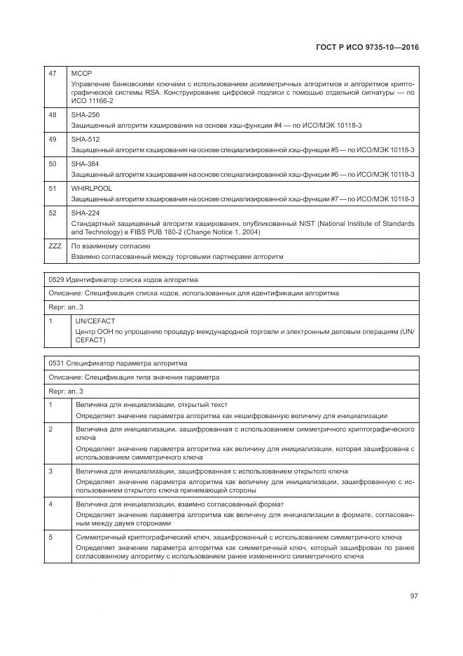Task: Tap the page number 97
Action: point(414,596)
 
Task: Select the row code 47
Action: point(52,73)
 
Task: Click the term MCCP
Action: point(81,73)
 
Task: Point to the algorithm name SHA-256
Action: point(85,114)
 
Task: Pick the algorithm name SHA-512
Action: point(85,138)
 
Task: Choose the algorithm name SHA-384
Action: point(85,163)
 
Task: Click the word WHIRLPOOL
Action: point(92,188)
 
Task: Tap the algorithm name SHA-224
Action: point(85,213)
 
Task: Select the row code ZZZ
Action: point(55,246)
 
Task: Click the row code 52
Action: point(52,213)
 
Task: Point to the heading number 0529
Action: point(57,279)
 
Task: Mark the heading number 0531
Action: point(57,363)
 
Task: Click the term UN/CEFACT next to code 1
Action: point(95,321)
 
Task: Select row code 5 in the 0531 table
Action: point(50,536)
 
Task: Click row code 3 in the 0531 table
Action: point(50,470)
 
